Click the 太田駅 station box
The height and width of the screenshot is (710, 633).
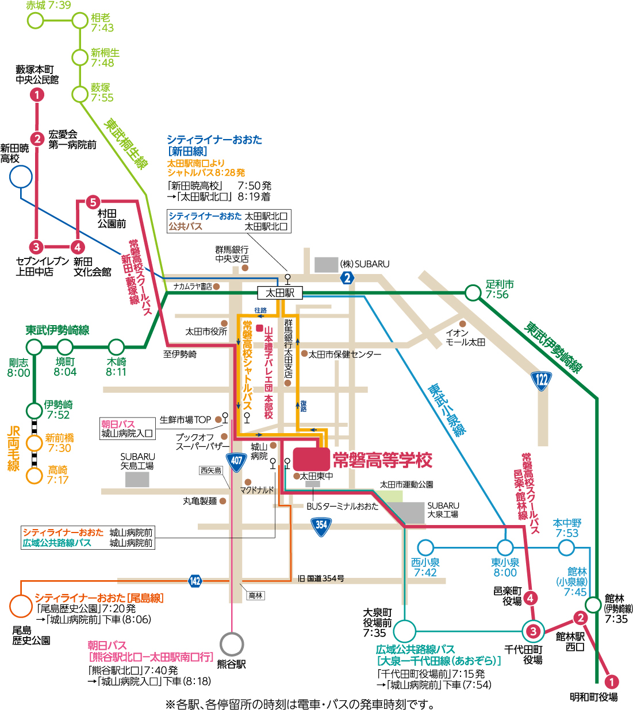(x=280, y=292)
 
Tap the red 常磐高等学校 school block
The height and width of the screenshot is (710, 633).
(x=311, y=459)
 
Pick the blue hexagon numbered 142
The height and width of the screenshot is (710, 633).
(x=195, y=581)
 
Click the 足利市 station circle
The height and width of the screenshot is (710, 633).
(x=473, y=292)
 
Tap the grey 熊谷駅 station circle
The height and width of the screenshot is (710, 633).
(x=232, y=644)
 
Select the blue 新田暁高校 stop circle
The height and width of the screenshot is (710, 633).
(x=21, y=176)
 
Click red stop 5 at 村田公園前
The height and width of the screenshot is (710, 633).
(x=93, y=202)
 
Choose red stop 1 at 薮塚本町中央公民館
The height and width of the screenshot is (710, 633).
(x=37, y=95)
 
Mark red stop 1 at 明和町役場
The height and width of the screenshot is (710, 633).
(x=612, y=682)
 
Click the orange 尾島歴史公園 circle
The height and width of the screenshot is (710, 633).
(x=21, y=606)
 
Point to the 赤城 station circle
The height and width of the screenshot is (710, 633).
(x=36, y=20)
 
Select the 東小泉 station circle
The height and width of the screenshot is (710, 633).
(x=505, y=548)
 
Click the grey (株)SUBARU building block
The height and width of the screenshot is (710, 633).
(x=326, y=265)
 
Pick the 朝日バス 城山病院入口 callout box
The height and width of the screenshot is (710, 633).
(x=127, y=429)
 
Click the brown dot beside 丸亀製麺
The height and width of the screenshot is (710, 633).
(x=222, y=501)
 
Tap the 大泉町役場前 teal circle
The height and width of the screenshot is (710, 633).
(x=405, y=631)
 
